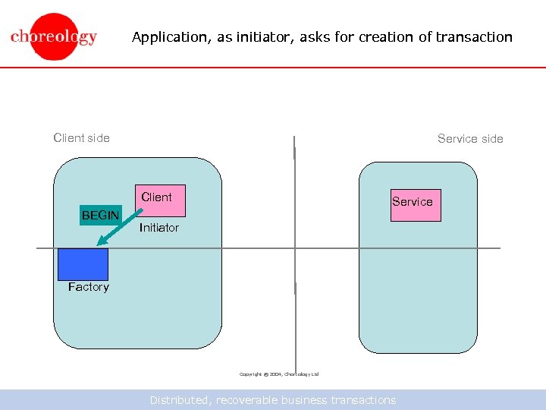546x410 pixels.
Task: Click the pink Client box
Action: point(160,200)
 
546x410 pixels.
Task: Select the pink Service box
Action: point(415,204)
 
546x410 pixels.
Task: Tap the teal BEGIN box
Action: point(100,215)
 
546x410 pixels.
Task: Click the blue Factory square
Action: point(83,264)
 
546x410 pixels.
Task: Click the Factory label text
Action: point(88,287)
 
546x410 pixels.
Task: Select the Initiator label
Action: point(159,228)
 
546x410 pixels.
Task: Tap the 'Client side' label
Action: point(81,137)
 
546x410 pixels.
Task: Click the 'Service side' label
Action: point(470,138)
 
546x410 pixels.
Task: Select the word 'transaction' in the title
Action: point(474,36)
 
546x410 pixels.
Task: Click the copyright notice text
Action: point(279,374)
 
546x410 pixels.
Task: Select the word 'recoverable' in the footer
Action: point(244,400)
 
